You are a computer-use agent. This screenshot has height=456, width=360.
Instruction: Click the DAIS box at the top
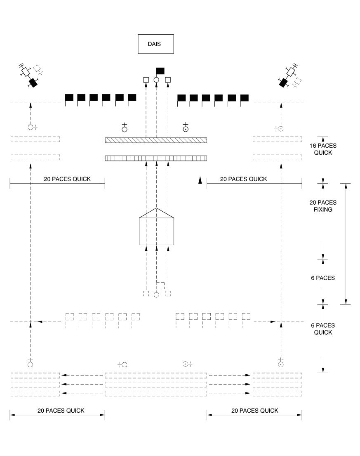pos(156,44)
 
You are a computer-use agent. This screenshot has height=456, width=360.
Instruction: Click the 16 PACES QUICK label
pos(323,149)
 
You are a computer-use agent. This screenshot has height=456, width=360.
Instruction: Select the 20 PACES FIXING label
pos(323,206)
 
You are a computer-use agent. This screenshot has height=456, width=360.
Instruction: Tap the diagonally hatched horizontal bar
pos(156,140)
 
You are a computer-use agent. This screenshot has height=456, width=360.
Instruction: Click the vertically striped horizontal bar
pos(156,158)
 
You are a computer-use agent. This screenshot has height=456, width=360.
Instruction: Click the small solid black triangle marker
pos(200,180)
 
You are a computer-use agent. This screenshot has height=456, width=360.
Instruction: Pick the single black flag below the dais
pos(160,71)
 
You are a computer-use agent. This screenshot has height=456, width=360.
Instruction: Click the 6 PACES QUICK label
pos(323,328)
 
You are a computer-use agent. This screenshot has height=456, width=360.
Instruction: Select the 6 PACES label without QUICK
pos(323,278)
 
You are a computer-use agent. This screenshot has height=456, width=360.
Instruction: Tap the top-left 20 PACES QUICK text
pos(67,179)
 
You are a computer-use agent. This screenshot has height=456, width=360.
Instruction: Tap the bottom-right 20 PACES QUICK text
pos(254,411)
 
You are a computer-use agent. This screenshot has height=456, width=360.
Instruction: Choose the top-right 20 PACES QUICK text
pos(243,179)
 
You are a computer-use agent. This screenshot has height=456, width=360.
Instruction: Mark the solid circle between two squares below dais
pos(156,80)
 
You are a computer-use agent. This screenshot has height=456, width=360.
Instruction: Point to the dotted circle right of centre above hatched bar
pos(186,129)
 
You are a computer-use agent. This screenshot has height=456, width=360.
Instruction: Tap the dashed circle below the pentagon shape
pos(156,294)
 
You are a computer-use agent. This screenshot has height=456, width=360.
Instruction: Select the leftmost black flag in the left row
pos(69,98)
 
